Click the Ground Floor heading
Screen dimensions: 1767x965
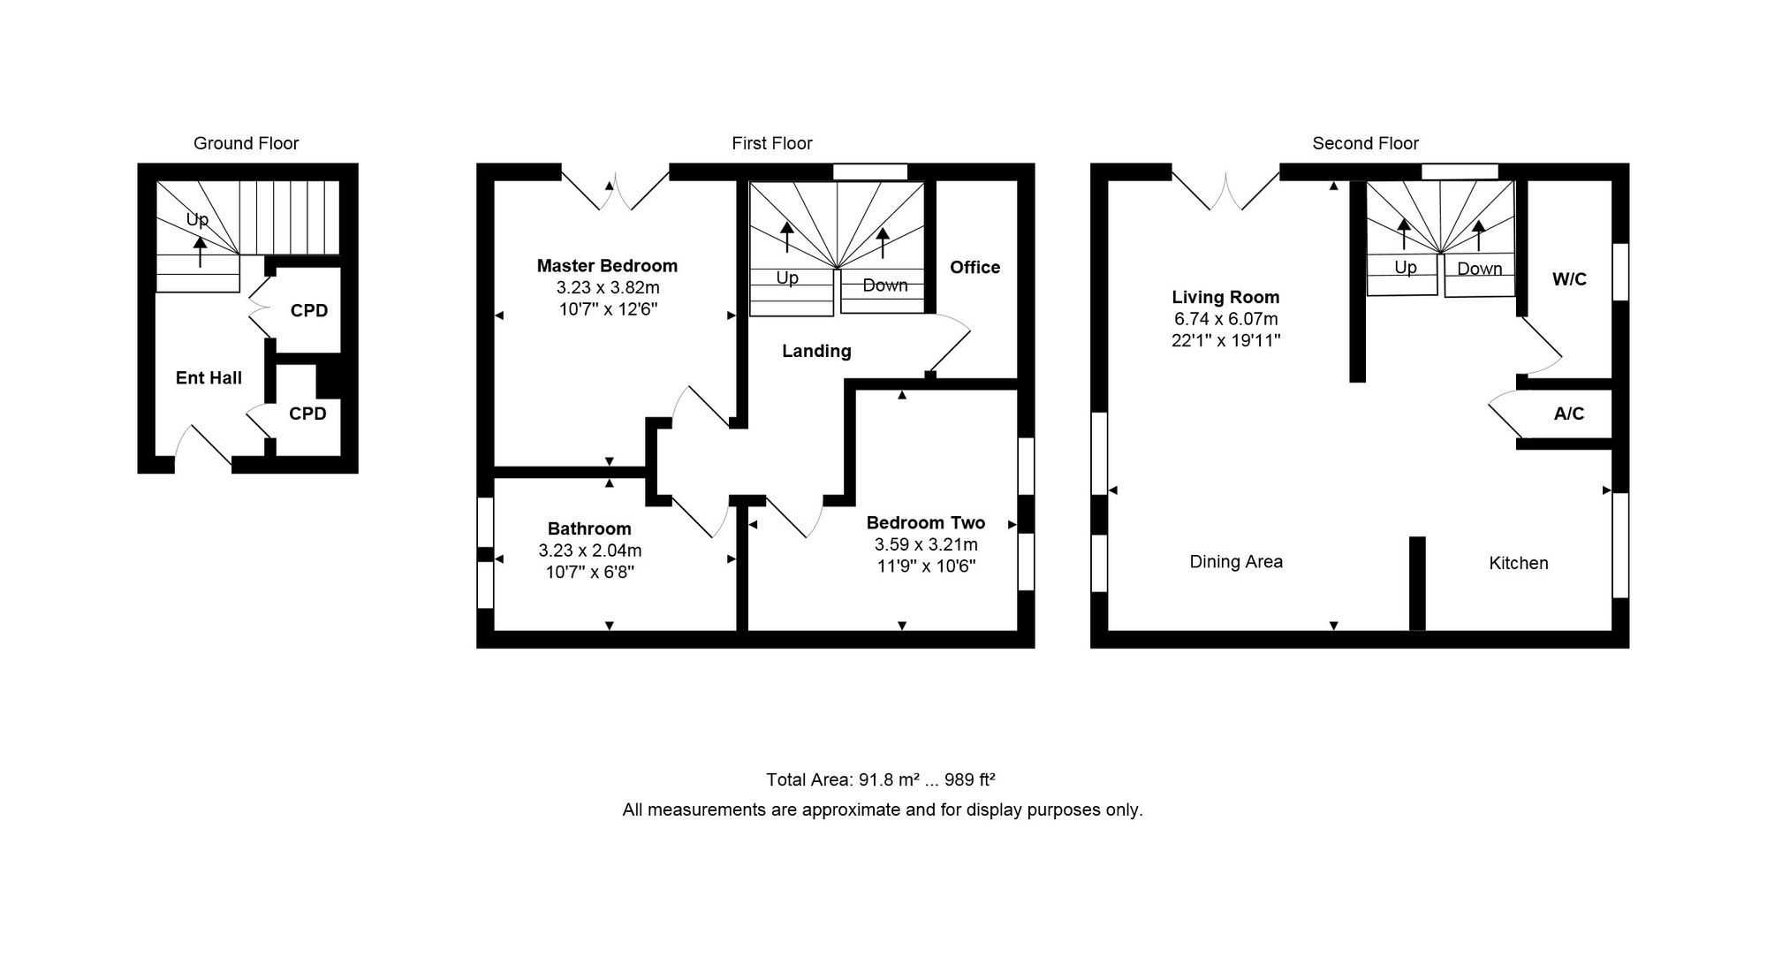[246, 143]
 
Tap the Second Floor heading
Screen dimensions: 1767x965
[1365, 143]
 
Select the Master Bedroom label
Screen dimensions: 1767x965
[607, 265]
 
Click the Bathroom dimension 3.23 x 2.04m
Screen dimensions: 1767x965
[590, 551]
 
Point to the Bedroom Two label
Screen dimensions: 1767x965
[926, 522]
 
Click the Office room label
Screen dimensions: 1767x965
[975, 267]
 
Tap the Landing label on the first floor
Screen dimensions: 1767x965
[816, 351]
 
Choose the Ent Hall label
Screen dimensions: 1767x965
[209, 378]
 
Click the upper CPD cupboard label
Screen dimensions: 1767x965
[309, 311]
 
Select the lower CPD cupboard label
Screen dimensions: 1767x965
[307, 414]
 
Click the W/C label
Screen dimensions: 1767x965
[1569, 279]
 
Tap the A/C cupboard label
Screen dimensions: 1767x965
[1569, 414]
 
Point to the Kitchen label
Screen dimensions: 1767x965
[1519, 563]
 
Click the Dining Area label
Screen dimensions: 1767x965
[1236, 561]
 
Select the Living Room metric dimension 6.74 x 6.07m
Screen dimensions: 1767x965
[1226, 319]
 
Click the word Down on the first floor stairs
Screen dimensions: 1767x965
[885, 285]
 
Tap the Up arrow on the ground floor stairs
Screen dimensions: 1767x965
[201, 251]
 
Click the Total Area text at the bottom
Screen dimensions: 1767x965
[881, 779]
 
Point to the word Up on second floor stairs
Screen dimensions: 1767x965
[1406, 267]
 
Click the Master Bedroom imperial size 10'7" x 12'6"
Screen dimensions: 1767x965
[607, 309]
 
